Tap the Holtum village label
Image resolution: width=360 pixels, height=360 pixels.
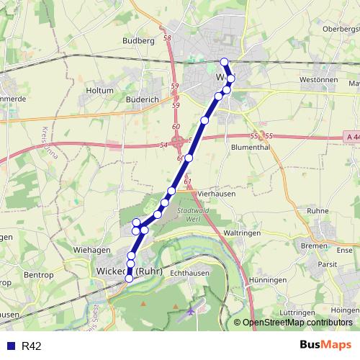[x=99, y=91]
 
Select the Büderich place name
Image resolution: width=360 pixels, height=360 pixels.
[x=141, y=99]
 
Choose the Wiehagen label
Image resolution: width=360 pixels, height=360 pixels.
[x=91, y=249]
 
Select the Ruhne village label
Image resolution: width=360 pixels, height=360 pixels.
[x=317, y=211]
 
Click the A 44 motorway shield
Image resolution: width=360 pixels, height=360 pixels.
[x=351, y=135]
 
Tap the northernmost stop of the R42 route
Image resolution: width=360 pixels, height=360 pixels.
[x=225, y=62]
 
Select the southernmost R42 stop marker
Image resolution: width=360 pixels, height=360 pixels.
[x=130, y=278]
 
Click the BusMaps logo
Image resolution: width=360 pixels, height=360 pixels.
[x=325, y=346]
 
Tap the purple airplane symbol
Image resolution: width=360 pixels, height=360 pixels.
[x=191, y=312]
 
